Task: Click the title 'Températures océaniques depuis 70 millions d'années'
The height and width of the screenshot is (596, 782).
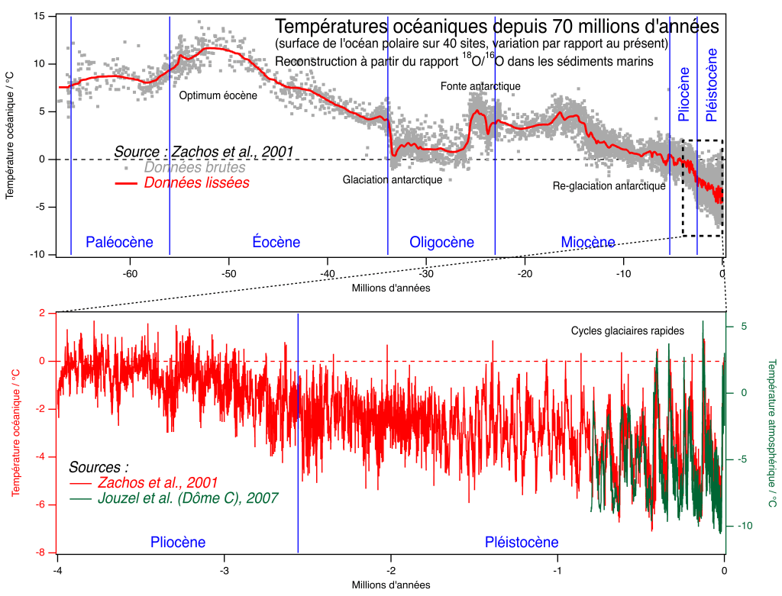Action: pyautogui.click(x=496, y=26)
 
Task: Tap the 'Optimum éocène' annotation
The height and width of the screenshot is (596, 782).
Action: pyautogui.click(x=218, y=96)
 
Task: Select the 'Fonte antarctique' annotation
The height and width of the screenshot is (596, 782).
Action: pyautogui.click(x=480, y=86)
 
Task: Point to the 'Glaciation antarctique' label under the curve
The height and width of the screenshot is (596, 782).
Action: pyautogui.click(x=393, y=180)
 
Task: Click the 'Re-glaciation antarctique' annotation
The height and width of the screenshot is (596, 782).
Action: pyautogui.click(x=609, y=185)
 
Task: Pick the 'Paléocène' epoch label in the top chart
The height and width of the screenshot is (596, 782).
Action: pyautogui.click(x=119, y=243)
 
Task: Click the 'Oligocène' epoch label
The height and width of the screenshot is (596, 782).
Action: pyautogui.click(x=441, y=243)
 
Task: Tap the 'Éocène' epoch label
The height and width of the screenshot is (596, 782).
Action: pyautogui.click(x=276, y=243)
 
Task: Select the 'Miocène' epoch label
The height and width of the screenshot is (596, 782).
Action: pyautogui.click(x=588, y=243)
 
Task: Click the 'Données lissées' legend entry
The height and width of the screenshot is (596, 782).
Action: pyautogui.click(x=196, y=183)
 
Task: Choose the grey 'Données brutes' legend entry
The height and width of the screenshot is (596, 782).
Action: pyautogui.click(x=195, y=167)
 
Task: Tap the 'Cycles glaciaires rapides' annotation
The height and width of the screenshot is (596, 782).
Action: pyautogui.click(x=627, y=330)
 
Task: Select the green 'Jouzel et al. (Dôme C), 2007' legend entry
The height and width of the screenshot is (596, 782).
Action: pyautogui.click(x=188, y=498)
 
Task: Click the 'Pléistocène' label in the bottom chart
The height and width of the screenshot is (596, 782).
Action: pyautogui.click(x=522, y=543)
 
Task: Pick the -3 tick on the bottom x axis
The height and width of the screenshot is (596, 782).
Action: pyautogui.click(x=224, y=570)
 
